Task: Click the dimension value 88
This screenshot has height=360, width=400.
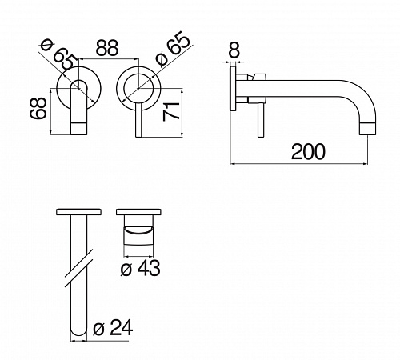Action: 107,48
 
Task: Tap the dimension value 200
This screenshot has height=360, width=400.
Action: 308,152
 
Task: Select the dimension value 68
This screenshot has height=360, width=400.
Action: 38,108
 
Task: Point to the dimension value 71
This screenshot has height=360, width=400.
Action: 171,111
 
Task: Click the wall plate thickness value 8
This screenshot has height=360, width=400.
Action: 234,50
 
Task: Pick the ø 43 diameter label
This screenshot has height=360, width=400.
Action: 141,268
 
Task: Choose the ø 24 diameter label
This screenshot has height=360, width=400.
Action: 113,328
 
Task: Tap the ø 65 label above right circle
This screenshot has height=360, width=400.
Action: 173,48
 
